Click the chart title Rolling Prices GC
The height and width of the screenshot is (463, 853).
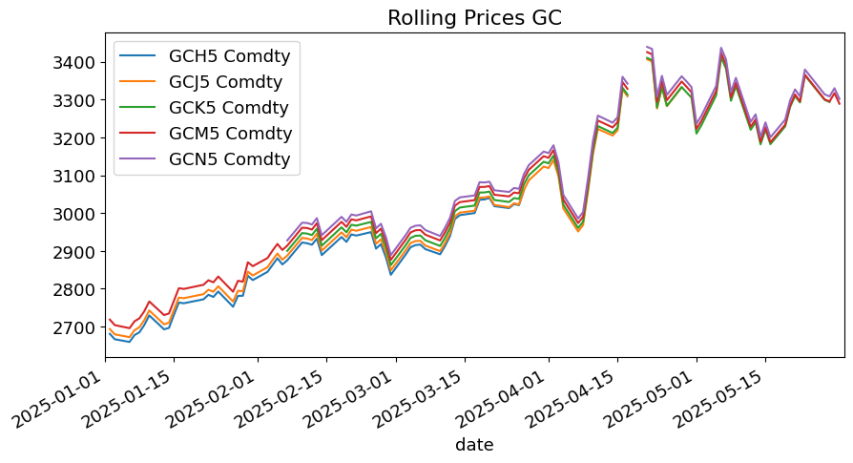coord(474,17)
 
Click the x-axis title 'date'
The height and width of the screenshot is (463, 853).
coord(474,445)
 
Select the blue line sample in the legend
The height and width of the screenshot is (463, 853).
coord(140,56)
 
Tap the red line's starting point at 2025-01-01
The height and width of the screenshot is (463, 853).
coord(108,319)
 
